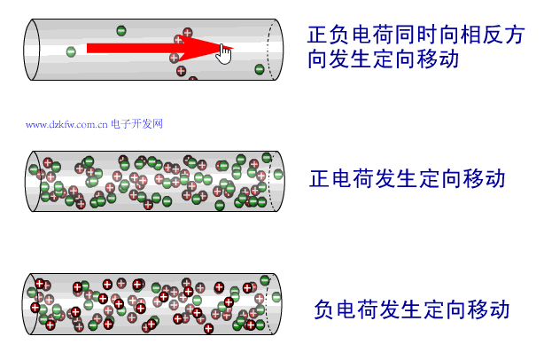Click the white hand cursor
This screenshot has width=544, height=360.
[x=224, y=54]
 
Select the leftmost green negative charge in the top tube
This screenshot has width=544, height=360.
[x=70, y=51]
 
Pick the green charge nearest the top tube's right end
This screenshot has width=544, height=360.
[x=260, y=68]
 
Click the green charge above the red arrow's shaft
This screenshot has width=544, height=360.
[x=121, y=30]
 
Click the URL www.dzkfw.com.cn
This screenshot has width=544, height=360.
[x=66, y=124]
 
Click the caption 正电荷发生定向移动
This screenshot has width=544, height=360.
[x=407, y=178]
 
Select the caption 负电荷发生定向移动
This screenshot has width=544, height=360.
[x=412, y=310]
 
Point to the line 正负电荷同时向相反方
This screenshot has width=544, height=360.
[x=416, y=35]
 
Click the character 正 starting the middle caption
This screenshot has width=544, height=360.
[x=320, y=178]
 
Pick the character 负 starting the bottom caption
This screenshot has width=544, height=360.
[x=325, y=310]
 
